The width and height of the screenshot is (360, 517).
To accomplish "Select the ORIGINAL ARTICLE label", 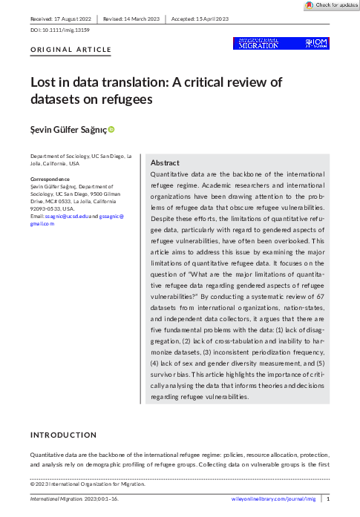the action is click(71, 50).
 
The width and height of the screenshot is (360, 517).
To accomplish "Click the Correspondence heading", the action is click(49, 179).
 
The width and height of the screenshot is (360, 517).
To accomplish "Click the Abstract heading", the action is click(164, 162).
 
